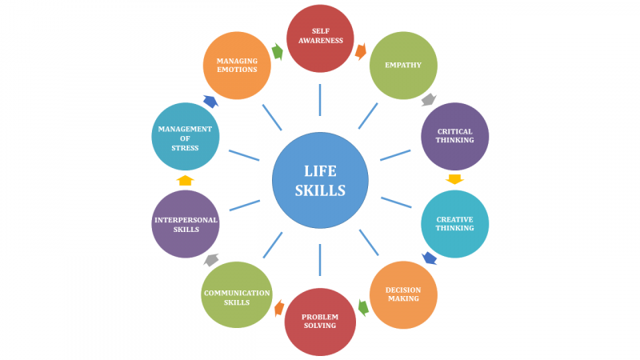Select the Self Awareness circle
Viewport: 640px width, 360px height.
(320, 38)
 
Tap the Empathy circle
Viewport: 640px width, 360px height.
(403, 66)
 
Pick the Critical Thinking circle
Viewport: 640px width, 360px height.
(454, 136)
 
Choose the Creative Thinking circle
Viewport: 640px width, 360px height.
(454, 224)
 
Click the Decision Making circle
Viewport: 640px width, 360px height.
(403, 294)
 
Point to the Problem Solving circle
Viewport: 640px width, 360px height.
(319, 322)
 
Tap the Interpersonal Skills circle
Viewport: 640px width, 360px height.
(185, 224)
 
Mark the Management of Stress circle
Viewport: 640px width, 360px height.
(185, 136)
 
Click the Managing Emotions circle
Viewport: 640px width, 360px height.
(237, 66)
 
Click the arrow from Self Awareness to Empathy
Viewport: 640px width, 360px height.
(361, 52)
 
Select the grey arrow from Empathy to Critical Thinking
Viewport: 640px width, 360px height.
(428, 100)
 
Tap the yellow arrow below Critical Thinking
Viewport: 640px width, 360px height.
(454, 179)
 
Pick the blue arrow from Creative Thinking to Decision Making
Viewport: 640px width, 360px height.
(430, 258)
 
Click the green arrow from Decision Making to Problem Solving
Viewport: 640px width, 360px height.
(362, 307)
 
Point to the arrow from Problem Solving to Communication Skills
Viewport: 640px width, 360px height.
(279, 308)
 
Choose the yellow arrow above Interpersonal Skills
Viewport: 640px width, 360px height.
(186, 180)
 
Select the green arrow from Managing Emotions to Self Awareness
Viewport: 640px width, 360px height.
(278, 52)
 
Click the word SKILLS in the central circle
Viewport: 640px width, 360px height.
(320, 190)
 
